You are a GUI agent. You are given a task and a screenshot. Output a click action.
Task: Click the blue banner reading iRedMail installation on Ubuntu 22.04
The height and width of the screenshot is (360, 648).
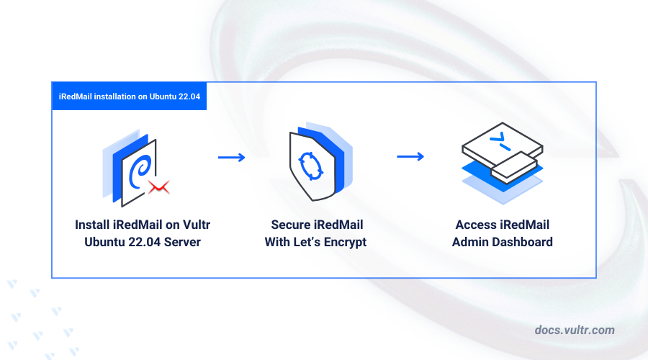[x=129, y=96]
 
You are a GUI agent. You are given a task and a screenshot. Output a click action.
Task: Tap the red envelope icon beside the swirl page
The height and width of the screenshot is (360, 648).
[x=158, y=188]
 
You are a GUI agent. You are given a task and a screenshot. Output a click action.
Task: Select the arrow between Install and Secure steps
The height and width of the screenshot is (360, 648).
[x=231, y=157]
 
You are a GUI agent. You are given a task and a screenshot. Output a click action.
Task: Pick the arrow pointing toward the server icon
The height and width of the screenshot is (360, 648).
[x=410, y=157]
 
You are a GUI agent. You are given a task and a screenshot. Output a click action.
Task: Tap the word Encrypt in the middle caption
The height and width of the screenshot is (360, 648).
[x=343, y=242]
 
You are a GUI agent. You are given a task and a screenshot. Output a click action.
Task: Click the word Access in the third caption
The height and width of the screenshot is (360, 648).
[x=475, y=225]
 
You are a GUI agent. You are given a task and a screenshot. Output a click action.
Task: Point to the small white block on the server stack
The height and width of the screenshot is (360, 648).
[x=513, y=167]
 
